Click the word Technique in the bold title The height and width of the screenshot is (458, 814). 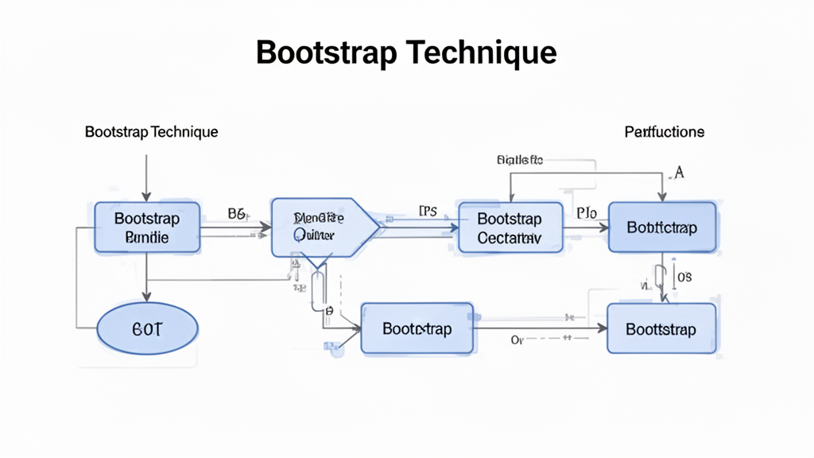tap(481, 52)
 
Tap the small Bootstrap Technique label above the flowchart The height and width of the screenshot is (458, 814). tap(151, 131)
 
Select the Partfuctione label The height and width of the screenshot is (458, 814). tap(664, 131)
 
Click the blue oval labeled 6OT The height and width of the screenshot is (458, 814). tap(147, 328)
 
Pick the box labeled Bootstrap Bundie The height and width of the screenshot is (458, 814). tap(147, 227)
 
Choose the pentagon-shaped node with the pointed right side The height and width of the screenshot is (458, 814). tap(322, 227)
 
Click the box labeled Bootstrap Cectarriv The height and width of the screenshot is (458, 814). tap(510, 227)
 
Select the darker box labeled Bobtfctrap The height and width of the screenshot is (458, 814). tap(661, 227)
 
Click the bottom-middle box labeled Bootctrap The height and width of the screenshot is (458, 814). tap(417, 328)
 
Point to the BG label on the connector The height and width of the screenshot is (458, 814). tap(238, 213)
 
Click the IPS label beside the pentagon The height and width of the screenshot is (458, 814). tap(428, 212)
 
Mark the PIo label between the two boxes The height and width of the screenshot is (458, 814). tap(586, 213)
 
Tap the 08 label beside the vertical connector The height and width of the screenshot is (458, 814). tap(684, 277)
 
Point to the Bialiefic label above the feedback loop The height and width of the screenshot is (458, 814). tap(519, 160)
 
